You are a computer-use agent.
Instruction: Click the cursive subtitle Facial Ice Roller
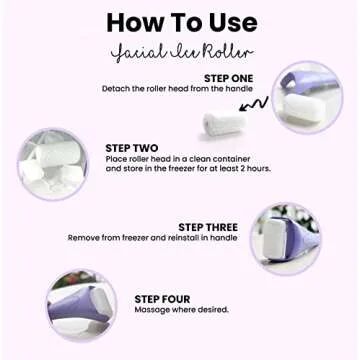[x=179, y=50]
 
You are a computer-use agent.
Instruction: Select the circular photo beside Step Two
[x=54, y=163]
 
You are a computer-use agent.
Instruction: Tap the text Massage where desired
[x=181, y=310]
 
